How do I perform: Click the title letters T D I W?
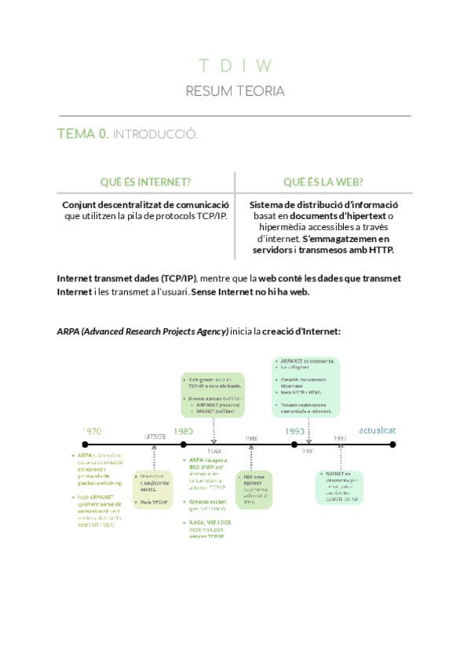pos(235,65)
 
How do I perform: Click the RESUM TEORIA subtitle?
pos(235,91)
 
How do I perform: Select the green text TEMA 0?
pos(82,134)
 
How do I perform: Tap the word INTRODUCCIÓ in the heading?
pos(155,135)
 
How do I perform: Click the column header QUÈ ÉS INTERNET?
pos(146,182)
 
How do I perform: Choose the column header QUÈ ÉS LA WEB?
pos(323,182)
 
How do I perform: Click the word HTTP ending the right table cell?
pos(380,250)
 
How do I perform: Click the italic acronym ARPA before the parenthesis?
pos(68,331)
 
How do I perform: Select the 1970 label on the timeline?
pos(92,431)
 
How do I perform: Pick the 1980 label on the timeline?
pos(184,431)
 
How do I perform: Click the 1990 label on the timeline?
pos(294,431)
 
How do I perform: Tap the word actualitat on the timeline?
pos(377,430)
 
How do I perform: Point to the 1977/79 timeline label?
pos(154,437)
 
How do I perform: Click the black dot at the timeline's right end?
pos(393,445)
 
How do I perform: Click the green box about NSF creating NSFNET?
pos(254,489)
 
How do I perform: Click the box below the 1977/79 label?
pos(152,489)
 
